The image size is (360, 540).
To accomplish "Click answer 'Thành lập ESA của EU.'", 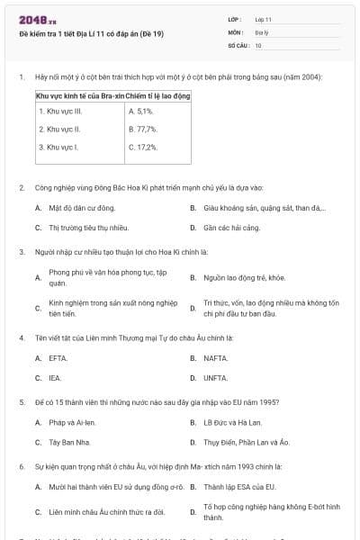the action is pyautogui.click(x=239, y=487).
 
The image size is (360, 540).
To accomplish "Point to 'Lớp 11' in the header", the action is pyautogui.click(x=263, y=19).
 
